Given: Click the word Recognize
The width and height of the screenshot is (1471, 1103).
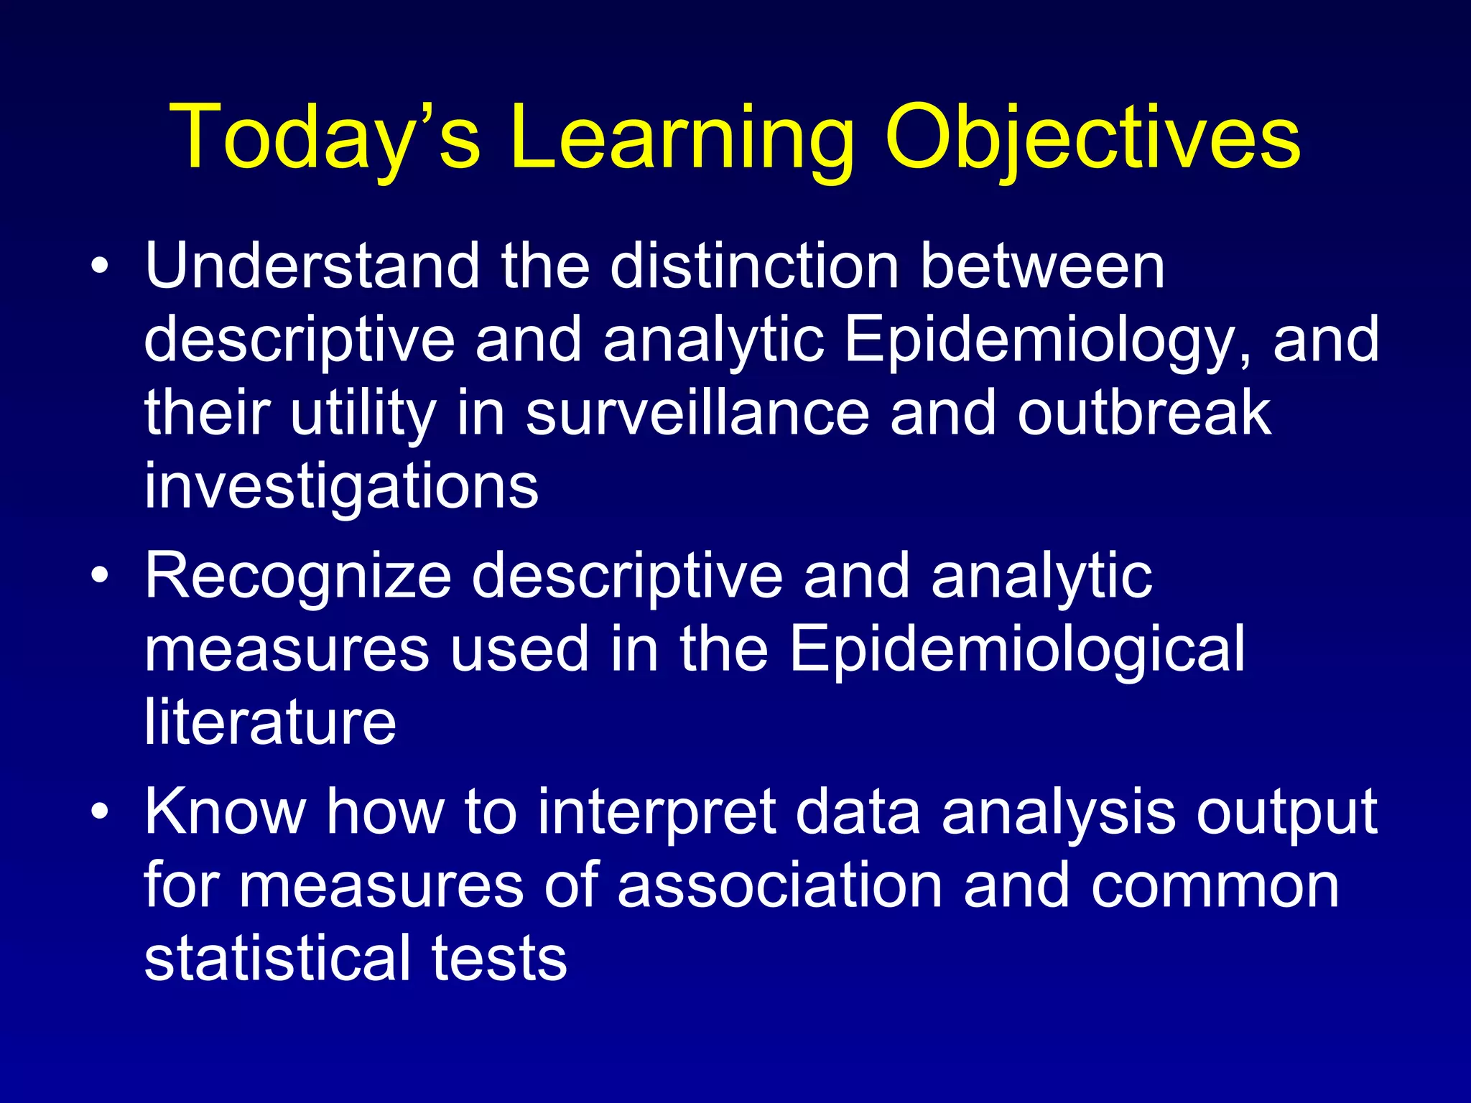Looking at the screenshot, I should coord(298,577).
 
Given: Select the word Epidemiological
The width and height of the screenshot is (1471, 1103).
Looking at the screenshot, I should coord(1016,650).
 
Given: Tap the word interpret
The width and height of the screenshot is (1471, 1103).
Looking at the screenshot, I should coord(657,814).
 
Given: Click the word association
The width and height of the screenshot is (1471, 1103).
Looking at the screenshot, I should coord(779,886).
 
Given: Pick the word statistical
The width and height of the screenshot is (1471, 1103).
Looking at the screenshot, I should coord(277,959).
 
